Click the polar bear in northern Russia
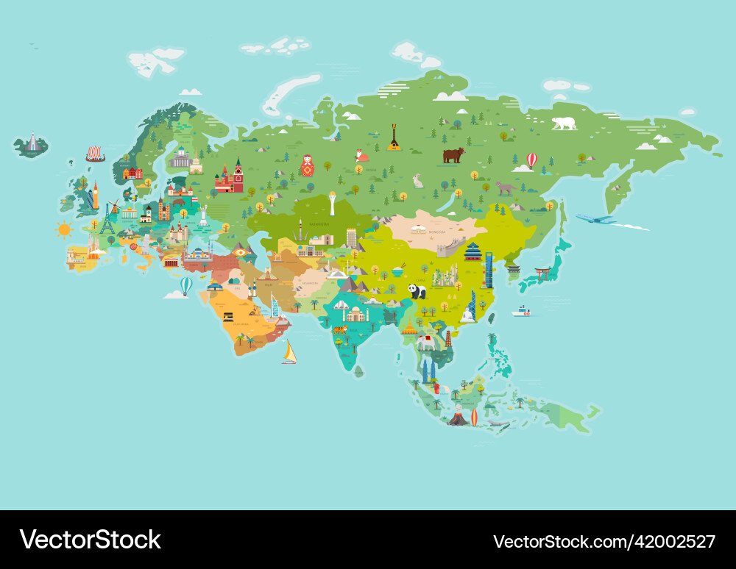tap(565, 123)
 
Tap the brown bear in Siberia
tap(453, 155)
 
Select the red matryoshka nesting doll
tap(307, 165)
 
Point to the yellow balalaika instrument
tap(394, 137)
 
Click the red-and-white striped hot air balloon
tap(531, 160)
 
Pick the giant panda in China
tap(417, 292)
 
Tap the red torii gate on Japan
tap(542, 273)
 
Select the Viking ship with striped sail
tap(95, 154)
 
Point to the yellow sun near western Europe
tap(65, 229)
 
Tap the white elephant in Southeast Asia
tap(426, 342)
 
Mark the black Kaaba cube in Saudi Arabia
tap(229, 317)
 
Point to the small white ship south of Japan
tap(521, 312)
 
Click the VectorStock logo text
tap(90, 540)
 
